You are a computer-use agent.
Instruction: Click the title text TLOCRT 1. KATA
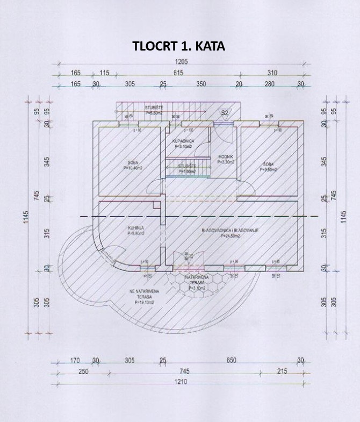[179, 46]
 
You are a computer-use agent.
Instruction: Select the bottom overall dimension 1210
[181, 382]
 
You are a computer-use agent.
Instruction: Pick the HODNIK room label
[225, 158]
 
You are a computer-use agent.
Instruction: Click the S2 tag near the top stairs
[225, 113]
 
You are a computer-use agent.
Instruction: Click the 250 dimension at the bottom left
[82, 371]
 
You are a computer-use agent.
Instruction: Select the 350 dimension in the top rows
[201, 84]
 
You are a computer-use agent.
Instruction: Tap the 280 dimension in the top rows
[269, 84]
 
